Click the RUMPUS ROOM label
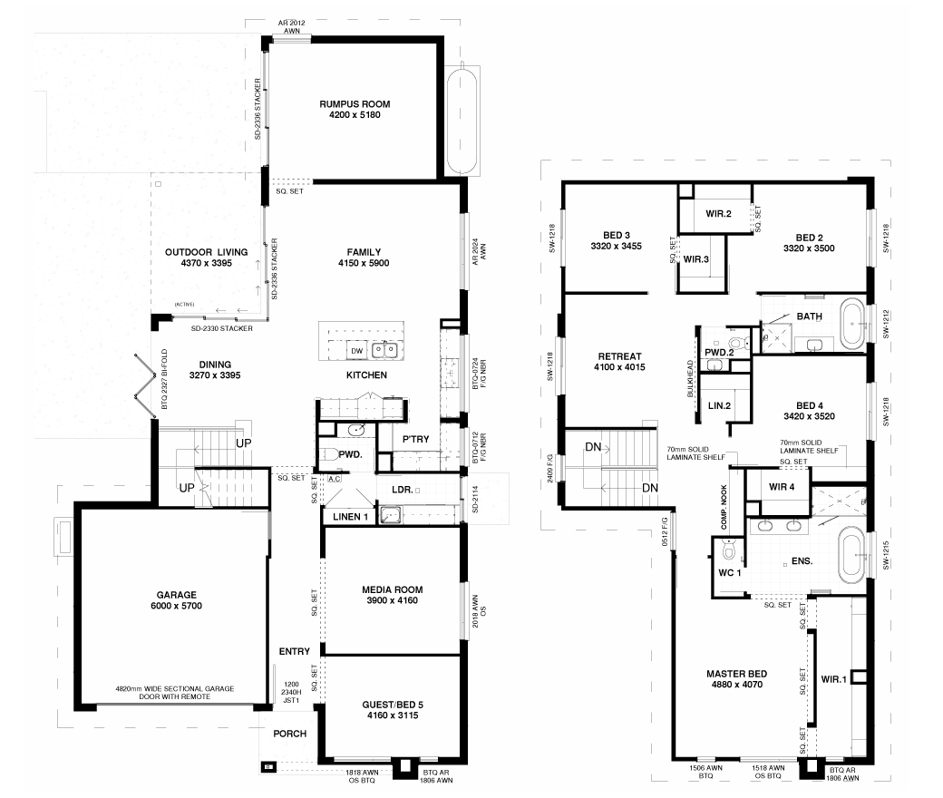pyautogui.click(x=355, y=104)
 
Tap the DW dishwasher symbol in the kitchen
pyautogui.click(x=356, y=351)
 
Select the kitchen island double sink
pyautogui.click(x=384, y=349)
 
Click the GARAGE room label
pyautogui.click(x=177, y=595)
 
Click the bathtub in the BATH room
pyautogui.click(x=851, y=324)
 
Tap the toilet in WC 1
pyautogui.click(x=729, y=549)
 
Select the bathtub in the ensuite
pyautogui.click(x=851, y=557)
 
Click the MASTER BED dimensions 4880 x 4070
pyautogui.click(x=736, y=685)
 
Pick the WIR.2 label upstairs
pyautogui.click(x=719, y=213)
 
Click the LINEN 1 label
pyautogui.click(x=351, y=517)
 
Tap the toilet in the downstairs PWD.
pyautogui.click(x=327, y=454)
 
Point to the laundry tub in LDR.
pyautogui.click(x=391, y=515)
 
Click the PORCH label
pyautogui.click(x=290, y=734)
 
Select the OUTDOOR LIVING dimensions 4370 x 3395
pyautogui.click(x=207, y=263)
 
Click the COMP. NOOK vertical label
pyautogui.click(x=724, y=507)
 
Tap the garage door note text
pyautogui.click(x=174, y=693)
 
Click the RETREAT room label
pyautogui.click(x=619, y=356)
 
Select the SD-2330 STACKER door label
pyautogui.click(x=222, y=328)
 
